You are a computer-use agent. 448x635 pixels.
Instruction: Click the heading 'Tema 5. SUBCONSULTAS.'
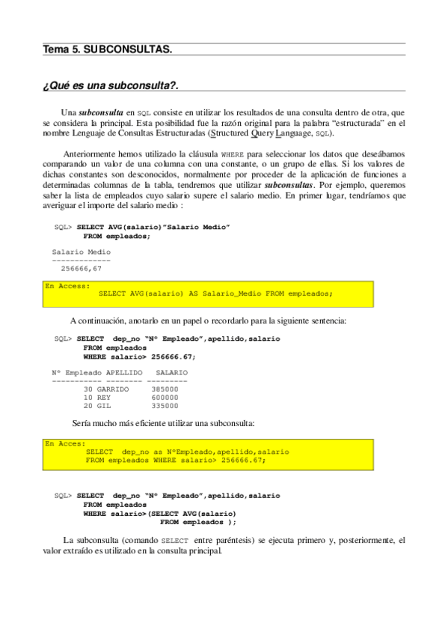pyautogui.click(x=107, y=49)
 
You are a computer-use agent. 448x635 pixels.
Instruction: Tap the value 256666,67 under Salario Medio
pyautogui.click(x=82, y=267)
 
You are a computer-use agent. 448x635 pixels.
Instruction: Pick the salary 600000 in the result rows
pyautogui.click(x=165, y=398)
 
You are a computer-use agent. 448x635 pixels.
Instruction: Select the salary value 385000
pyautogui.click(x=165, y=389)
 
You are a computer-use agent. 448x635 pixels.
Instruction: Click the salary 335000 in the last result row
pyautogui.click(x=165, y=406)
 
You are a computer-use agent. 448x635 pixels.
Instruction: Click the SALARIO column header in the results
pyautogui.click(x=171, y=372)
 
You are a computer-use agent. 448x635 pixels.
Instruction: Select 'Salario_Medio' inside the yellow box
pyautogui.click(x=230, y=294)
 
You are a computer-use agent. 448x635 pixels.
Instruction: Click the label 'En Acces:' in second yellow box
pyautogui.click(x=65, y=443)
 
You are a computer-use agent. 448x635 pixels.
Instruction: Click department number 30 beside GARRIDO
pyautogui.click(x=88, y=389)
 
